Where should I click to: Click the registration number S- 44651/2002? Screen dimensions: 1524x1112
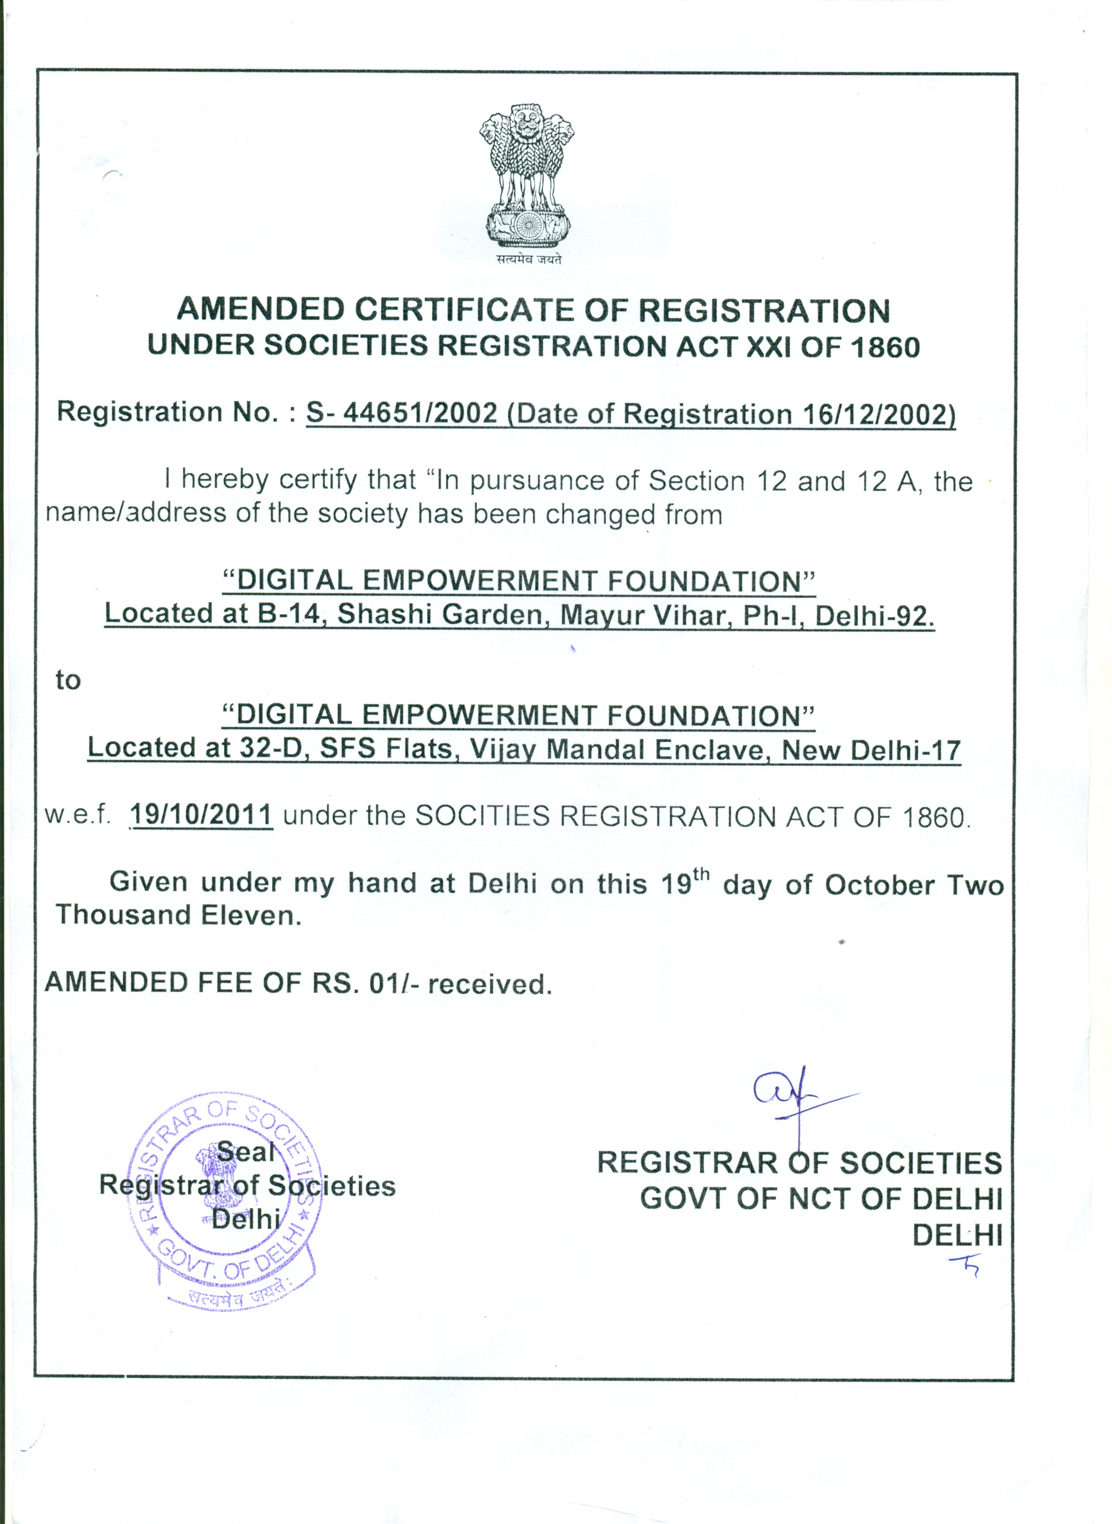click(401, 412)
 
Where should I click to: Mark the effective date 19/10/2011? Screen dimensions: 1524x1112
click(201, 815)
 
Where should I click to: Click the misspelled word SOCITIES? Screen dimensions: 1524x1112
click(482, 816)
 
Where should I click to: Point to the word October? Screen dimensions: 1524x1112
click(880, 885)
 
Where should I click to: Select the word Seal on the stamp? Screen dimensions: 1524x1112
click(246, 1151)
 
